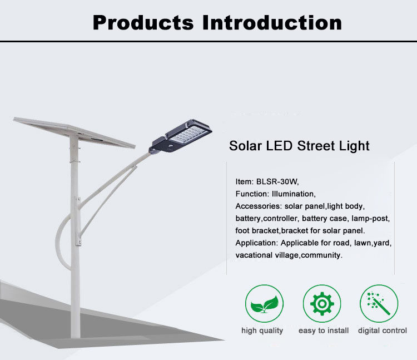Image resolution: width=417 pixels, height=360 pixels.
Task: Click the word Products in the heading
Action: point(143,23)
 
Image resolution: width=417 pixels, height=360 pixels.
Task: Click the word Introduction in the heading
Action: point(272,22)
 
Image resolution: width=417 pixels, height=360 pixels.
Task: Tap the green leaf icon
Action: point(264,304)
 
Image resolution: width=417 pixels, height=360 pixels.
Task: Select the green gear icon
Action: point(322,304)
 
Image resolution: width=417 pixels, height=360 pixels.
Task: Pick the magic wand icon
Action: point(379,304)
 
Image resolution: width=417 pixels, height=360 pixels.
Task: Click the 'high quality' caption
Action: point(262,331)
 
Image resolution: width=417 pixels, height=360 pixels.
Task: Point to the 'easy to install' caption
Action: point(324,331)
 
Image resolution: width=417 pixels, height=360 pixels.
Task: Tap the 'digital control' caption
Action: point(383,331)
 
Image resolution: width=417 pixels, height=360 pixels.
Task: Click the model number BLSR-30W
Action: point(277,182)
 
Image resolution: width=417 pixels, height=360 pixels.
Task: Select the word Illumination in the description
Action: point(294,194)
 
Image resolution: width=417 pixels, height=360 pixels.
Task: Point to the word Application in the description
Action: point(257,243)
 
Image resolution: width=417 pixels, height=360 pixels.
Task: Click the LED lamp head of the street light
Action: point(181,136)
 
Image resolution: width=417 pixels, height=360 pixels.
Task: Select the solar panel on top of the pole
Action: point(74,132)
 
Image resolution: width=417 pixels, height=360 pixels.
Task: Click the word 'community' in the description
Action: point(322,255)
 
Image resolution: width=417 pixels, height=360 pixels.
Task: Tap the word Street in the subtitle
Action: point(316,146)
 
